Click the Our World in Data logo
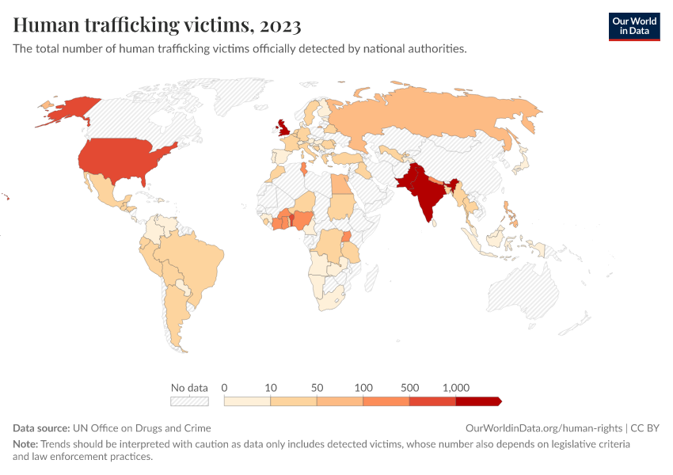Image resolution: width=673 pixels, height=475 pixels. [x=633, y=26]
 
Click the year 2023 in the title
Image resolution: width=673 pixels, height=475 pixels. [x=279, y=25]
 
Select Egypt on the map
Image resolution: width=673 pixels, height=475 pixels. [x=341, y=185]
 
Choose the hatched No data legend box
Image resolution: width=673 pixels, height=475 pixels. [x=189, y=401]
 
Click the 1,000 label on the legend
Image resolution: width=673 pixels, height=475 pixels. [x=456, y=388]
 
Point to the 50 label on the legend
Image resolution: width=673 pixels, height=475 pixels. [x=317, y=388]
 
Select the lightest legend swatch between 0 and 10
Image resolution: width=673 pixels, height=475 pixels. [x=247, y=401]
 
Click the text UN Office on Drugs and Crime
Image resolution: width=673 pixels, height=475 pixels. [x=141, y=427]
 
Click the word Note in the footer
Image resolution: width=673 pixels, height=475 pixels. [x=25, y=444]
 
